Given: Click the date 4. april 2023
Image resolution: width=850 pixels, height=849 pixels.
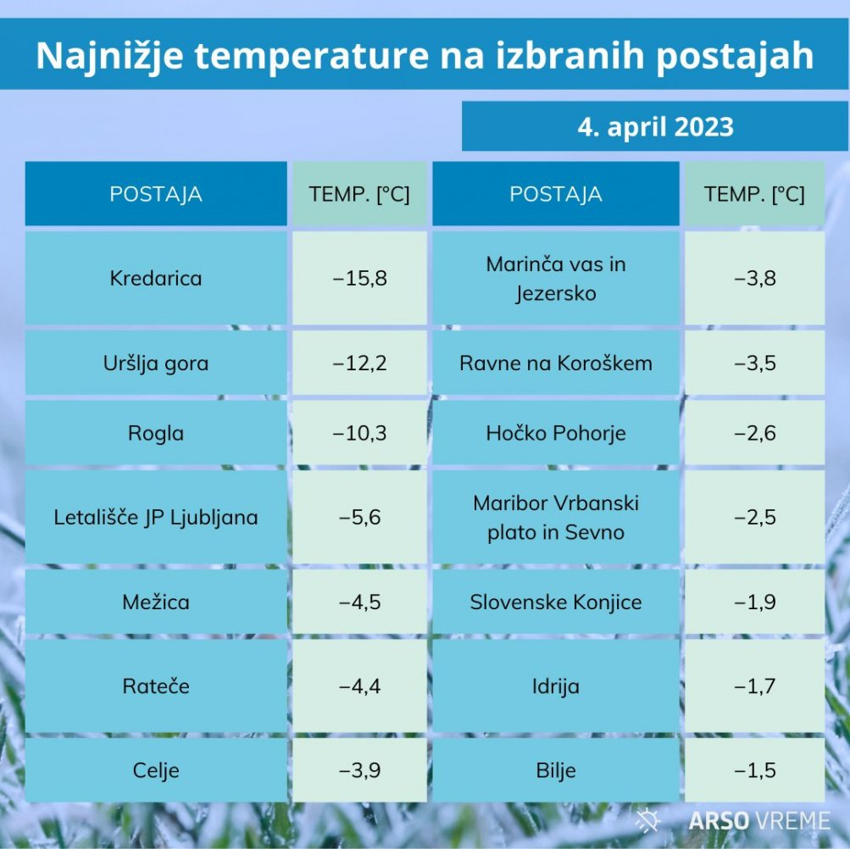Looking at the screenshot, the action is point(655,127).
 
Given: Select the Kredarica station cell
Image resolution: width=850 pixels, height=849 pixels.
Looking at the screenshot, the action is point(156,278).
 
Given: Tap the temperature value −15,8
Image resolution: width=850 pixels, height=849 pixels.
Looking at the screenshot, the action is point(359,278).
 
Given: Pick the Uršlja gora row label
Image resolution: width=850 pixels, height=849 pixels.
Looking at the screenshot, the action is point(156,363).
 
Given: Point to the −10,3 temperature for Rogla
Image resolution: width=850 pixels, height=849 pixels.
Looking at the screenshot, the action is point(359,433).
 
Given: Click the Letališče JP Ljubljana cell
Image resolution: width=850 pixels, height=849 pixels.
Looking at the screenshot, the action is point(156,517).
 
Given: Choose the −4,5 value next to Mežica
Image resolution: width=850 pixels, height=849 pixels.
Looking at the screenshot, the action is point(359,602).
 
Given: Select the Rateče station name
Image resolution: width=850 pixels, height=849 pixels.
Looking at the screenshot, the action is point(156,686).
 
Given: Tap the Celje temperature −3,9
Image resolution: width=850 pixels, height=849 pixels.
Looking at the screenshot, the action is point(359,770).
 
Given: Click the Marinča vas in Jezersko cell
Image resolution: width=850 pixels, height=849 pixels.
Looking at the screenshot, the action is point(556,279).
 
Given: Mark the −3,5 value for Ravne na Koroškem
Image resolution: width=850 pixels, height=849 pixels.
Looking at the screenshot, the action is point(754,363).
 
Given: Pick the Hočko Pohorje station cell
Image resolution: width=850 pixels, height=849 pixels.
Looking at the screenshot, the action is point(556,433).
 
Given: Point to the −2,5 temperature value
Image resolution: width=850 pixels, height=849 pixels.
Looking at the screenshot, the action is point(754,517).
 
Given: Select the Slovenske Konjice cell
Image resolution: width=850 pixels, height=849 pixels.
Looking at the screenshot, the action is point(556,602).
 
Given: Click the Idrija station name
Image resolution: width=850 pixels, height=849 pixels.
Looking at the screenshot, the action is point(556,686).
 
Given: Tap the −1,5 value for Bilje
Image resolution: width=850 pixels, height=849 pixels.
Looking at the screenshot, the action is point(754,770).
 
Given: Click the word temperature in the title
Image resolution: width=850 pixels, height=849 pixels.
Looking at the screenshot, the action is point(312,55).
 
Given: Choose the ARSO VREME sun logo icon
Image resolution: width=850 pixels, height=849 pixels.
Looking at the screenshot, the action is point(647,819).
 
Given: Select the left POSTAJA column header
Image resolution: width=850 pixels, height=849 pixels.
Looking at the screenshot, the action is point(156,194).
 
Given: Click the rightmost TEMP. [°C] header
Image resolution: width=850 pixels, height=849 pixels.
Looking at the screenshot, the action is point(754,194).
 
